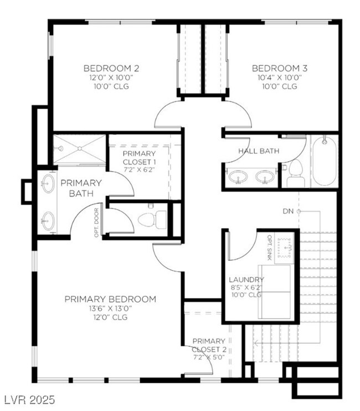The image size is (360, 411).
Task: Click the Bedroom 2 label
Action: point(111,68)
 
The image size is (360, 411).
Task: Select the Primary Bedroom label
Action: point(110,299)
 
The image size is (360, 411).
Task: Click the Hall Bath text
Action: point(259,151)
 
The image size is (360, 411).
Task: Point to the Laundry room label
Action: point(246,279)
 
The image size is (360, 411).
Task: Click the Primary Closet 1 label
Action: point(139,153)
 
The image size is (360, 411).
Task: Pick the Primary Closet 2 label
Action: point(209,341)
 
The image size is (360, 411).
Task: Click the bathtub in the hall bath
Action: point(322,161)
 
